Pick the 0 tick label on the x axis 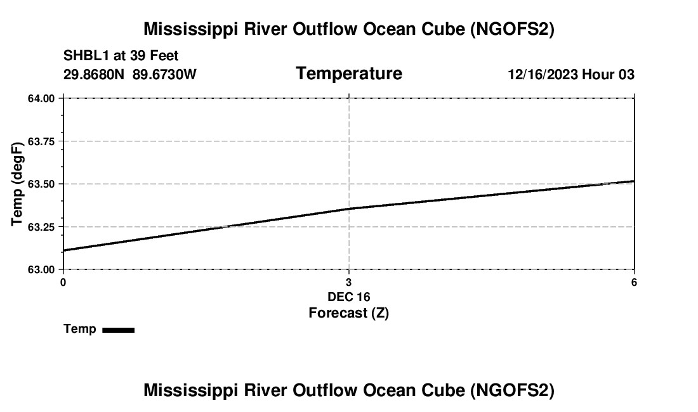[x=63, y=282]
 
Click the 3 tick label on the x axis [x=349, y=282]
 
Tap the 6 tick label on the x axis [x=634, y=282]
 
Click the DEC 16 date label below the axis [x=349, y=297]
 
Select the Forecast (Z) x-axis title [x=349, y=313]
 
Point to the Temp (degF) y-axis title [x=18, y=184]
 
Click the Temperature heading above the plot [x=349, y=74]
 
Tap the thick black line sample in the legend [x=118, y=330]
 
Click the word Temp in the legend [x=80, y=330]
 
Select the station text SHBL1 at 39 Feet [x=121, y=56]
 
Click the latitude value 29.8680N [x=95, y=75]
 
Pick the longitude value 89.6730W [x=164, y=75]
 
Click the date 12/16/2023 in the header [x=542, y=75]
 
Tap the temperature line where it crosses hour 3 [x=349, y=209]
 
